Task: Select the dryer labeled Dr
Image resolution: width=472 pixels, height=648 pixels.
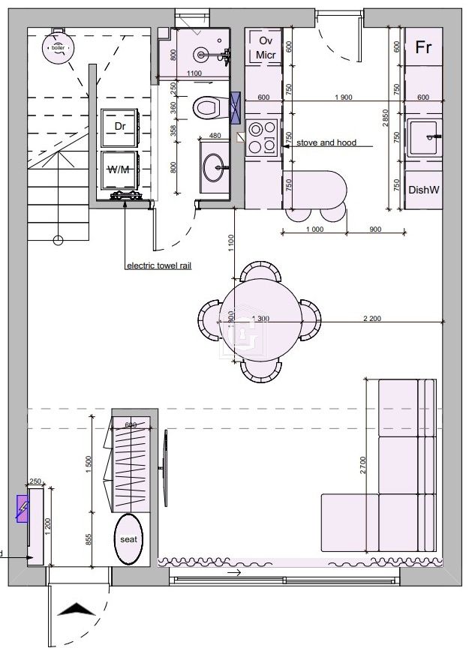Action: click(x=120, y=127)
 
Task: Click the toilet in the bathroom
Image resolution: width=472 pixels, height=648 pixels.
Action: click(x=206, y=109)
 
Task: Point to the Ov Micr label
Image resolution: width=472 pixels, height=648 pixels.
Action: click(x=264, y=47)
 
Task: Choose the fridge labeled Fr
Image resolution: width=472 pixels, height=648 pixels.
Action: click(x=423, y=46)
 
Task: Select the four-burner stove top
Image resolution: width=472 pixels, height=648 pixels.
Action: click(x=263, y=137)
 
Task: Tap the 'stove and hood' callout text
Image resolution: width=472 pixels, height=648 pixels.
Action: click(x=326, y=142)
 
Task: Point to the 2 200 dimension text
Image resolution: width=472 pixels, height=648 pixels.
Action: click(x=371, y=319)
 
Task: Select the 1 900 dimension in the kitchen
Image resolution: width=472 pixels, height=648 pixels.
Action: click(x=343, y=97)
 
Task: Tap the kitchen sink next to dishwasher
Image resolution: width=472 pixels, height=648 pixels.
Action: click(x=428, y=137)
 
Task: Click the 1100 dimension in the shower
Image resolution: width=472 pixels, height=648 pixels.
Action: click(x=194, y=73)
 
